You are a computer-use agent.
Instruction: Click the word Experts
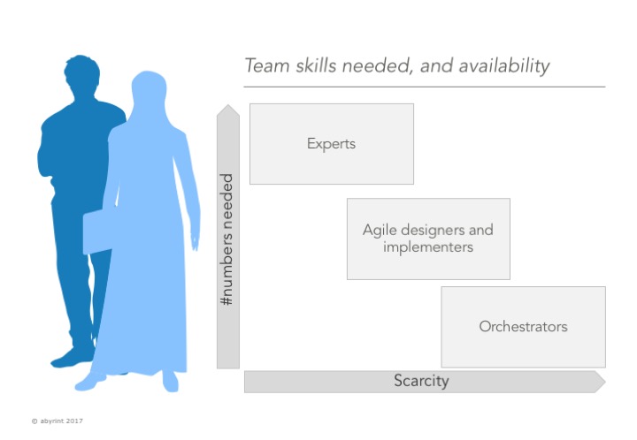(331, 144)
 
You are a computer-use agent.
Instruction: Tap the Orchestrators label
(523, 326)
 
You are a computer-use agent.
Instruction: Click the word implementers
(428, 247)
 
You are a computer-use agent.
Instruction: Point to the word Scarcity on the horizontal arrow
(421, 381)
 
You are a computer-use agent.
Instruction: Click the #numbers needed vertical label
(226, 239)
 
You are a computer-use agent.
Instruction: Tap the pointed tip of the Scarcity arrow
(605, 382)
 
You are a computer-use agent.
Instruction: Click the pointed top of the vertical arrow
(228, 105)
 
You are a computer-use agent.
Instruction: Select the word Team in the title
(267, 65)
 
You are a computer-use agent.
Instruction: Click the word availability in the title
(504, 66)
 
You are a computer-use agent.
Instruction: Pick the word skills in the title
(316, 65)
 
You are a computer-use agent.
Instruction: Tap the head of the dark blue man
(82, 75)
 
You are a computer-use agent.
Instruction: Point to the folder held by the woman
(97, 232)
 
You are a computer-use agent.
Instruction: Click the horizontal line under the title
(425, 87)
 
